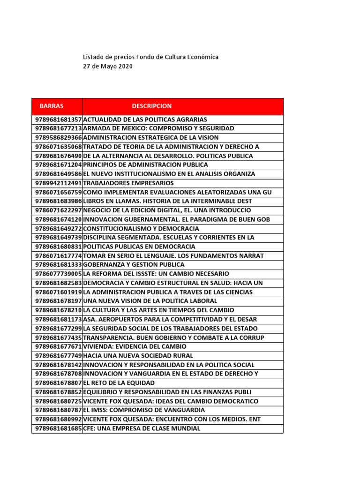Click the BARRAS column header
click(x=52, y=106)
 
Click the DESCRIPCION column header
click(x=151, y=106)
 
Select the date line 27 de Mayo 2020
click(x=107, y=67)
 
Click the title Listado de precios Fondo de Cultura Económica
click(x=150, y=57)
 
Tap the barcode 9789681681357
click(x=58, y=120)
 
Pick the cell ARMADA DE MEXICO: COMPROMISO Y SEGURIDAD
click(x=158, y=128)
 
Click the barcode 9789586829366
click(x=58, y=137)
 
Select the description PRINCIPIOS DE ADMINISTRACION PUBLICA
click(x=145, y=165)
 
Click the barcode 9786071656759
click(x=58, y=192)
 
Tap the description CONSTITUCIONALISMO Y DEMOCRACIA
click(x=141, y=228)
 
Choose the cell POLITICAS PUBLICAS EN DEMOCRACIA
click(x=139, y=247)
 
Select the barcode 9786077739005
click(x=58, y=274)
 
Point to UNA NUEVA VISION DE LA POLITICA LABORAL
click(x=150, y=301)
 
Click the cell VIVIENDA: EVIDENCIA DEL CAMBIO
click(x=135, y=346)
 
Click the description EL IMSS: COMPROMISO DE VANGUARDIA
click(x=144, y=410)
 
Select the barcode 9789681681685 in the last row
click(x=58, y=428)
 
